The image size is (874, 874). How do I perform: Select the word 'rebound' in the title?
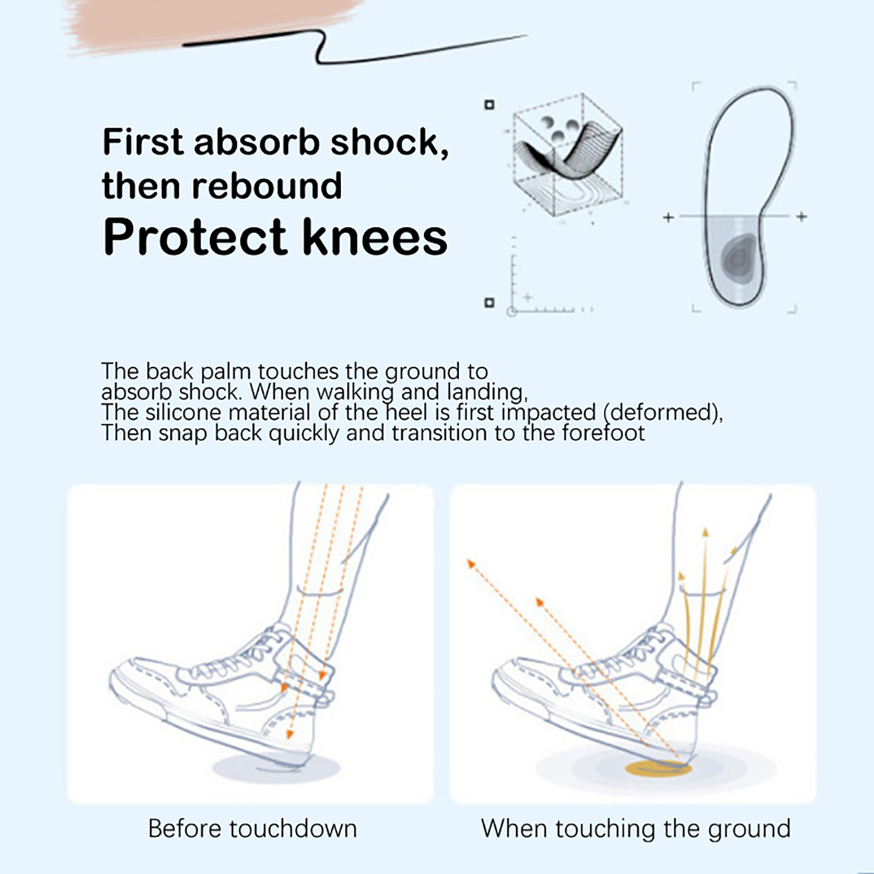pos(267,186)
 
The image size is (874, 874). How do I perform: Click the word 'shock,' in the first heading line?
pos(389,142)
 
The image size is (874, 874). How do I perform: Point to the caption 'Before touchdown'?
pos(252,829)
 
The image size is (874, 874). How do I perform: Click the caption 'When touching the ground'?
pos(636,829)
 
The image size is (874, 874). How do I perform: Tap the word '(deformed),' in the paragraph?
pos(663,412)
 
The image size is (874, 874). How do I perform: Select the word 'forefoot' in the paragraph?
pos(604,433)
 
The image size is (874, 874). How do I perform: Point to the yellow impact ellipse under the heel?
pos(658,769)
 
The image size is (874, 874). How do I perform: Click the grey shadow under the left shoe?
pos(276,767)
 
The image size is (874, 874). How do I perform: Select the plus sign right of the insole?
pos(801,217)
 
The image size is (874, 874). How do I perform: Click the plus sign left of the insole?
pos(668,217)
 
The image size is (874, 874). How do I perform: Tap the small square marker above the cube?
pos(489,104)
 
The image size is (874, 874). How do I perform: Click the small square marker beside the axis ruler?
pos(489,302)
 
